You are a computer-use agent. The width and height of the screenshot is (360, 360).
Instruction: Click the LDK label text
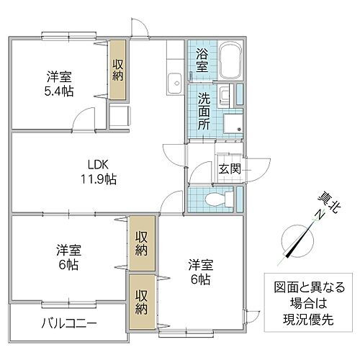tap(98, 163)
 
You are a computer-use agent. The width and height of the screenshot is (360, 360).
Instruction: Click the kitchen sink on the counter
tap(173, 84)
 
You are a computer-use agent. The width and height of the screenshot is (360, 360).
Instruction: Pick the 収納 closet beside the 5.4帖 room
tap(118, 71)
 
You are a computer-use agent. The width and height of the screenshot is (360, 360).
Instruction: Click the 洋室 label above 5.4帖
tap(59, 76)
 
